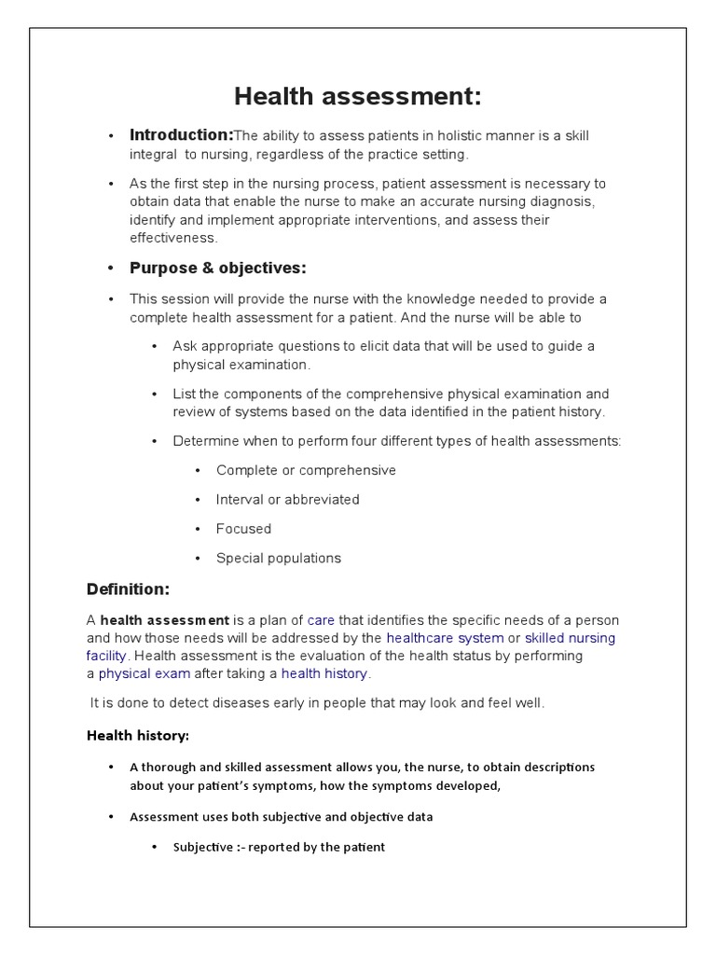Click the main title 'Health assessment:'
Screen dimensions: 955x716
[x=358, y=96]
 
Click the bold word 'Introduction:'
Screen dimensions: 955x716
[x=181, y=135]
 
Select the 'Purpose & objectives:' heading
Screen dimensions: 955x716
[x=217, y=269]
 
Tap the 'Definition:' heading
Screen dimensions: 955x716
[x=128, y=588]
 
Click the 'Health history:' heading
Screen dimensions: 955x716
[x=137, y=736]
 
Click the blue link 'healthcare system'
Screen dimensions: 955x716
[x=445, y=638]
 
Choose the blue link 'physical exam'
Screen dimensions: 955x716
[x=145, y=673]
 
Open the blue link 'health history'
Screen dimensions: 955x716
[x=324, y=673]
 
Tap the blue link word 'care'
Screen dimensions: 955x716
[x=321, y=620]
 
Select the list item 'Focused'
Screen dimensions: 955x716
[x=243, y=529]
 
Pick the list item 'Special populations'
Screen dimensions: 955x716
[x=278, y=559]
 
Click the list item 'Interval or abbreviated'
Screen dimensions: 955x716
[x=287, y=499]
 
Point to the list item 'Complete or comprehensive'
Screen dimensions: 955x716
[x=306, y=470]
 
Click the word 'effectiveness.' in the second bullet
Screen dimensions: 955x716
[x=172, y=238]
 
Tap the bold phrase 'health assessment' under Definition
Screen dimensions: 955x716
[x=164, y=620]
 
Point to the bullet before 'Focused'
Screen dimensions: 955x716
[x=198, y=530]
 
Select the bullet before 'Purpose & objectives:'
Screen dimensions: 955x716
[x=110, y=270]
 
